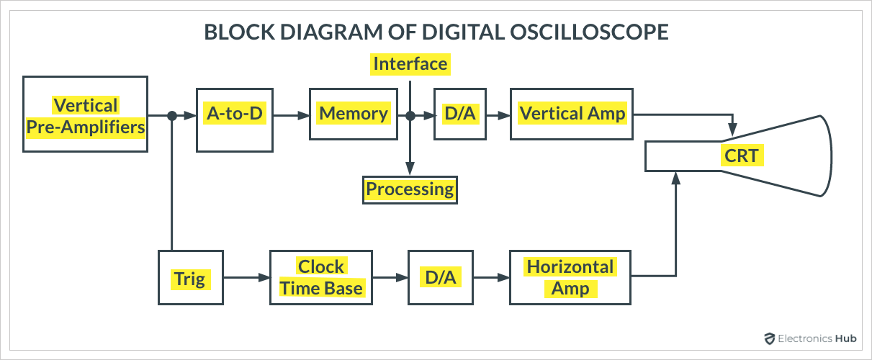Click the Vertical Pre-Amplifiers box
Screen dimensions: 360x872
click(x=85, y=114)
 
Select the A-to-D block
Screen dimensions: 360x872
click(x=235, y=114)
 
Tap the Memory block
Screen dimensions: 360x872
click(x=354, y=114)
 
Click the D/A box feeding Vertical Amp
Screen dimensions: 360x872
click(x=456, y=114)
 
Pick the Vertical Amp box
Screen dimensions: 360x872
click(x=572, y=114)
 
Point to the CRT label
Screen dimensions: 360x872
click(x=742, y=156)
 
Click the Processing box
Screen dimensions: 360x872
click(x=410, y=189)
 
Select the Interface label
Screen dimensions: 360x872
click(x=410, y=64)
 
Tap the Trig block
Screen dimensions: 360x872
click(x=190, y=278)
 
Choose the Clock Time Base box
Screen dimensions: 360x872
click(x=321, y=278)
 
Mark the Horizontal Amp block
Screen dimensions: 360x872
click(x=570, y=278)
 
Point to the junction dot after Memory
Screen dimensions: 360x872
click(x=410, y=115)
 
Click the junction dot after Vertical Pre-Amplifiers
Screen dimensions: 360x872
click(x=172, y=115)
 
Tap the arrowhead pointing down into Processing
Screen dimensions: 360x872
click(x=410, y=169)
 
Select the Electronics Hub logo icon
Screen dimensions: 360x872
click(x=770, y=338)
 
